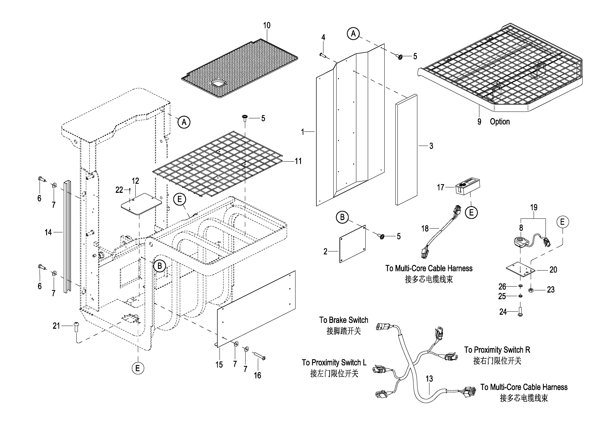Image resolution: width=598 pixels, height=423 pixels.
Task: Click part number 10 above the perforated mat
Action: click(x=267, y=26)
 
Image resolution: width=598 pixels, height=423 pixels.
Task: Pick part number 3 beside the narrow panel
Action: click(x=431, y=146)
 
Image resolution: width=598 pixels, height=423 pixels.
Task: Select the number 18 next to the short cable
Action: click(x=425, y=229)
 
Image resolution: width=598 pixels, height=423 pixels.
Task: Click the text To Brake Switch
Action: click(x=344, y=320)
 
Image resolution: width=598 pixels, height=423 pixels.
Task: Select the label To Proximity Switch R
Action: click(x=497, y=350)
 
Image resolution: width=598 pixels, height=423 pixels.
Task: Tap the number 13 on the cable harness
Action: click(x=429, y=379)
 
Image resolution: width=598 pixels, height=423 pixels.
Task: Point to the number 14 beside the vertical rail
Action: click(x=48, y=232)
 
